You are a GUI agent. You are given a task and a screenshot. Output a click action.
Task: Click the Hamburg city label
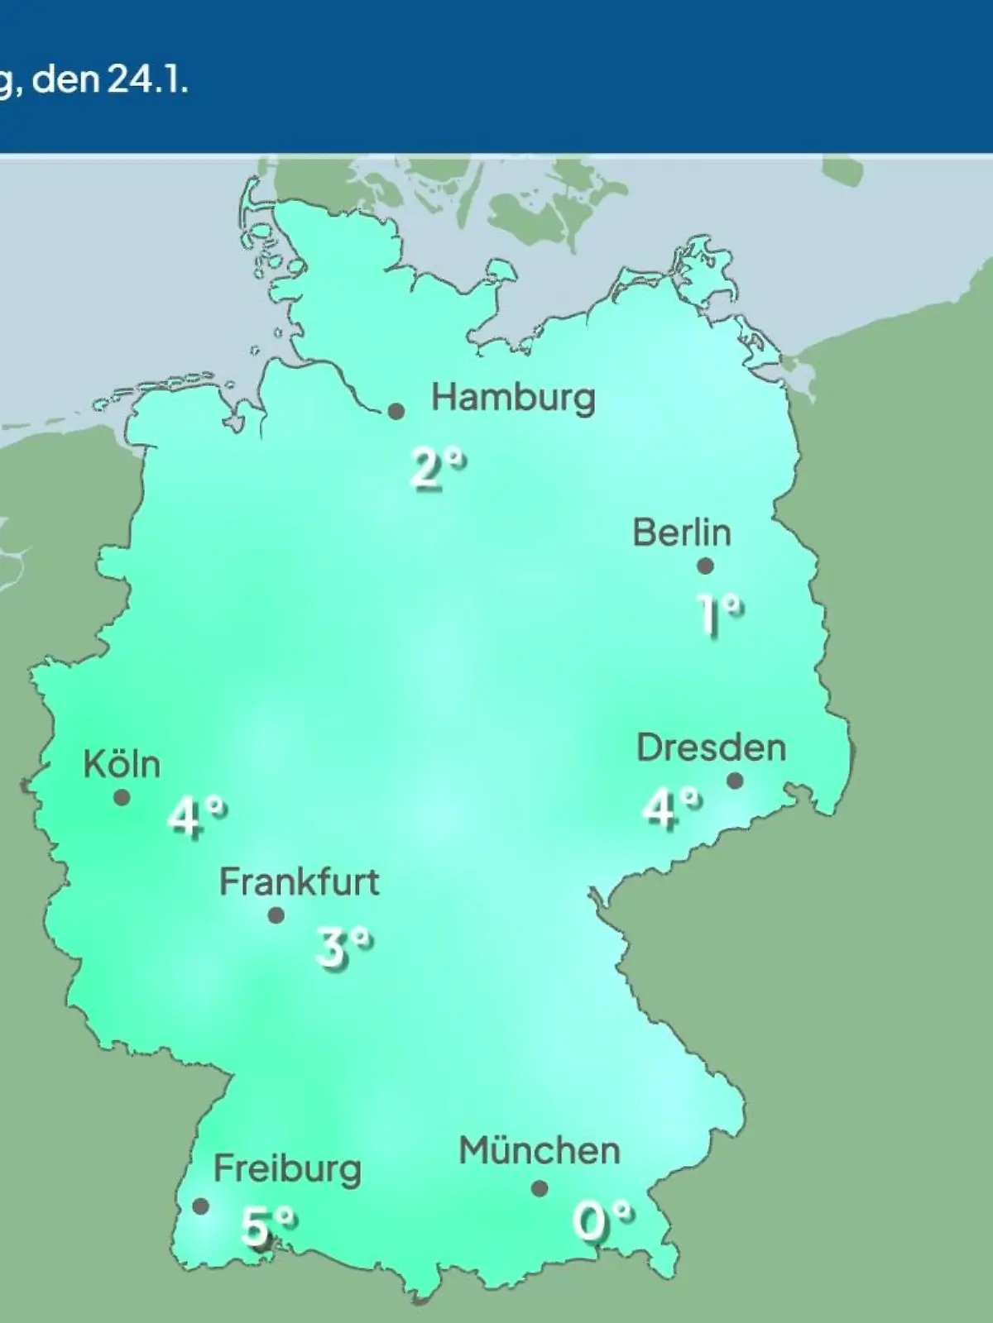point(513,399)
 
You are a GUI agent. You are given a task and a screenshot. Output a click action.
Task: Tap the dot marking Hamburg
point(396,411)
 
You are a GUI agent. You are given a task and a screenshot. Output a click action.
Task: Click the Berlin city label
point(682,533)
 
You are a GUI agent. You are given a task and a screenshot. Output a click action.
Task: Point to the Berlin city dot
point(705,566)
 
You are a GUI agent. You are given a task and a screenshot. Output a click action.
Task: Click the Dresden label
point(711,748)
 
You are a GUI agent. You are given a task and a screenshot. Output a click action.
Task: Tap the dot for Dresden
point(735,781)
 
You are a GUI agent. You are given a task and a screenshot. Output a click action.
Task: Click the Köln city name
point(122,764)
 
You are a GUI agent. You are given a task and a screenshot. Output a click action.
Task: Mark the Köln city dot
point(122,798)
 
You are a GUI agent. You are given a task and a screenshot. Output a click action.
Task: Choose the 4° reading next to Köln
point(196,818)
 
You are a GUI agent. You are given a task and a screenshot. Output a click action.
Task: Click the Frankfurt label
point(299,882)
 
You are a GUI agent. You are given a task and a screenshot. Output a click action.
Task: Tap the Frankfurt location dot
point(276,915)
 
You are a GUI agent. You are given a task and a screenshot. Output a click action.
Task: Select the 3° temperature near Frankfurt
point(343,948)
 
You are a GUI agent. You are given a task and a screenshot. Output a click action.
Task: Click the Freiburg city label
point(287,1169)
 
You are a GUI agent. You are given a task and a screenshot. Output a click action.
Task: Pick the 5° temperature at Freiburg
point(267,1226)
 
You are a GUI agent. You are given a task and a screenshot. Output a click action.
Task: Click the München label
point(540,1151)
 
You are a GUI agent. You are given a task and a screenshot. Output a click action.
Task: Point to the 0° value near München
point(602,1221)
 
